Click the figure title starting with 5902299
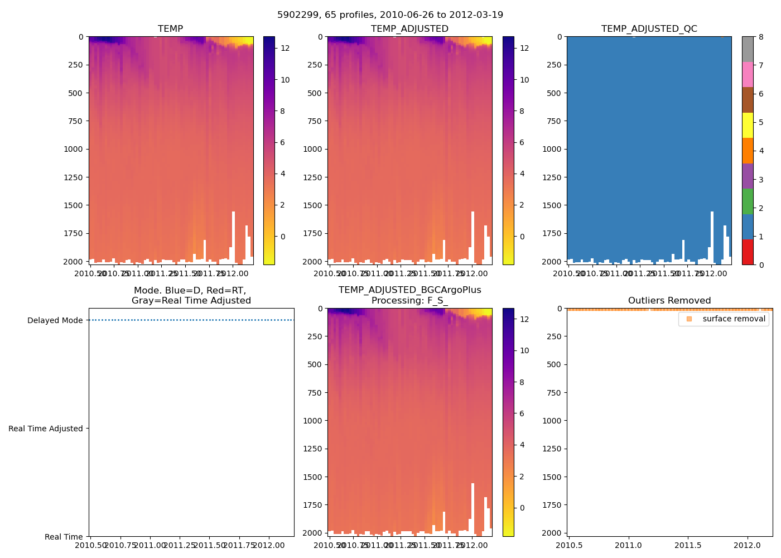pyautogui.click(x=390, y=15)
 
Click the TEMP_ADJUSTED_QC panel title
pyautogui.click(x=649, y=28)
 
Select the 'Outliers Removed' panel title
pyautogui.click(x=669, y=301)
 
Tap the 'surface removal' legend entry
pyautogui.click(x=734, y=319)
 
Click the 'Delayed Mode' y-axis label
pyautogui.click(x=55, y=320)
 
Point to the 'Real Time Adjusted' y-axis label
pyautogui.click(x=45, y=429)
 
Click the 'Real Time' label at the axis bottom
pyautogui.click(x=64, y=537)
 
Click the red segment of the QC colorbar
pyautogui.click(x=748, y=252)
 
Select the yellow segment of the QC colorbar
pyautogui.click(x=748, y=125)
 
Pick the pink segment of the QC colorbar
pyautogui.click(x=748, y=74)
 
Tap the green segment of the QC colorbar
pyautogui.click(x=748, y=201)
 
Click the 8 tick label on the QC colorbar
pyautogui.click(x=761, y=37)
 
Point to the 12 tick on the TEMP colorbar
pyautogui.click(x=285, y=48)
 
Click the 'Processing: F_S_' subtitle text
pyautogui.click(x=409, y=301)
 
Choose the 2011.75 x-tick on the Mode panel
pyautogui.click(x=239, y=545)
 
